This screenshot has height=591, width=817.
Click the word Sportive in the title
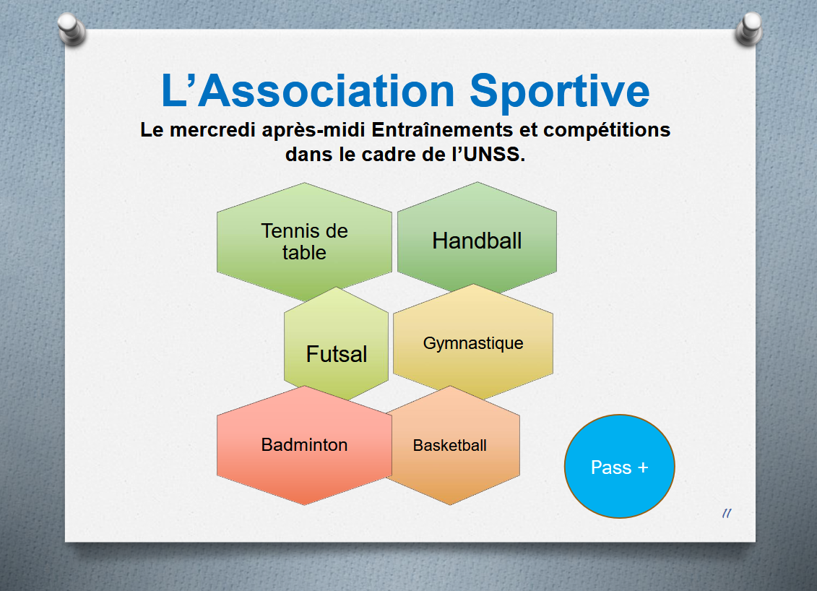[560, 92]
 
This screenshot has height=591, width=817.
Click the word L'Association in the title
[308, 91]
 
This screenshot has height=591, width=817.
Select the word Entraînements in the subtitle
[442, 129]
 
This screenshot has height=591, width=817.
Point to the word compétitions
[607, 130]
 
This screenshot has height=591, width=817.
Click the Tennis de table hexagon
[304, 242]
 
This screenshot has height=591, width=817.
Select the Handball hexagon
[477, 237]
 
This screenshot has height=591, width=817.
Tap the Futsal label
[337, 355]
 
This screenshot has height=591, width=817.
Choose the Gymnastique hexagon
[473, 342]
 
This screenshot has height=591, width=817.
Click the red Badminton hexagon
[304, 445]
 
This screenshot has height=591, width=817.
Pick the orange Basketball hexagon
[452, 446]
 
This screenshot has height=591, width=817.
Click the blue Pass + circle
[620, 467]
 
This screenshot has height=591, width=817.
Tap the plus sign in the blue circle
[643, 467]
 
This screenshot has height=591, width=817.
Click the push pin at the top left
[72, 29]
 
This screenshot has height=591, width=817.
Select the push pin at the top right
[749, 29]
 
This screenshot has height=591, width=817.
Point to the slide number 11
[727, 514]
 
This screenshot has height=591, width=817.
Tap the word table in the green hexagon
[304, 253]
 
